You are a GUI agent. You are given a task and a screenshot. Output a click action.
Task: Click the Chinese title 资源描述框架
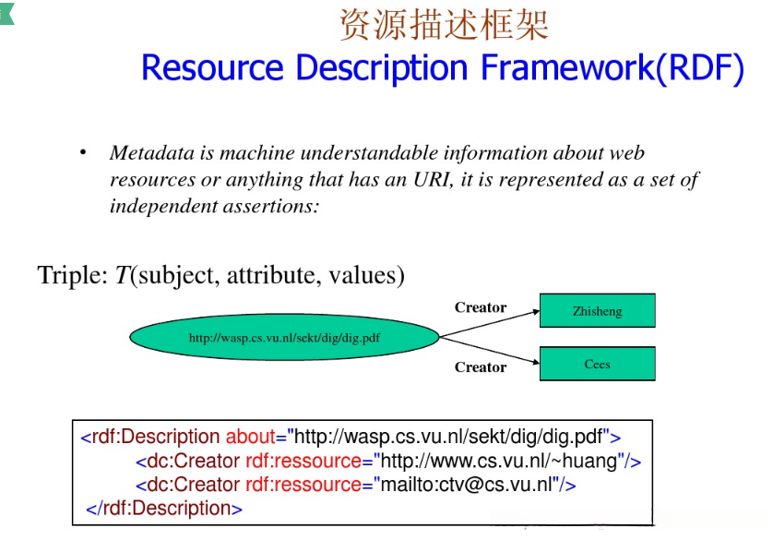click(x=444, y=25)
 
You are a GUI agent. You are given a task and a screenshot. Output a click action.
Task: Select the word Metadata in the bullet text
click(x=149, y=153)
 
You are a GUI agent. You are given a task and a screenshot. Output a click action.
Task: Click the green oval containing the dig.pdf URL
click(x=284, y=338)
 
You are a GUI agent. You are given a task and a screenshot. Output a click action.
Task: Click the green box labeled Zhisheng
click(x=597, y=311)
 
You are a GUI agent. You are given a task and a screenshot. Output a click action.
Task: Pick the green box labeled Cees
click(x=597, y=364)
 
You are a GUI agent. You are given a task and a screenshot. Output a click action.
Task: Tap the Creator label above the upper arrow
click(x=481, y=307)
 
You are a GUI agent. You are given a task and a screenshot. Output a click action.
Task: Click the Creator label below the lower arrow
click(x=481, y=367)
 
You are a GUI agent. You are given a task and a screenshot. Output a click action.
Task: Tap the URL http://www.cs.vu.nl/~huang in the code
click(x=499, y=461)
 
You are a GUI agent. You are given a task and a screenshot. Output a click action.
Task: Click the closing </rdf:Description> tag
click(x=164, y=508)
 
